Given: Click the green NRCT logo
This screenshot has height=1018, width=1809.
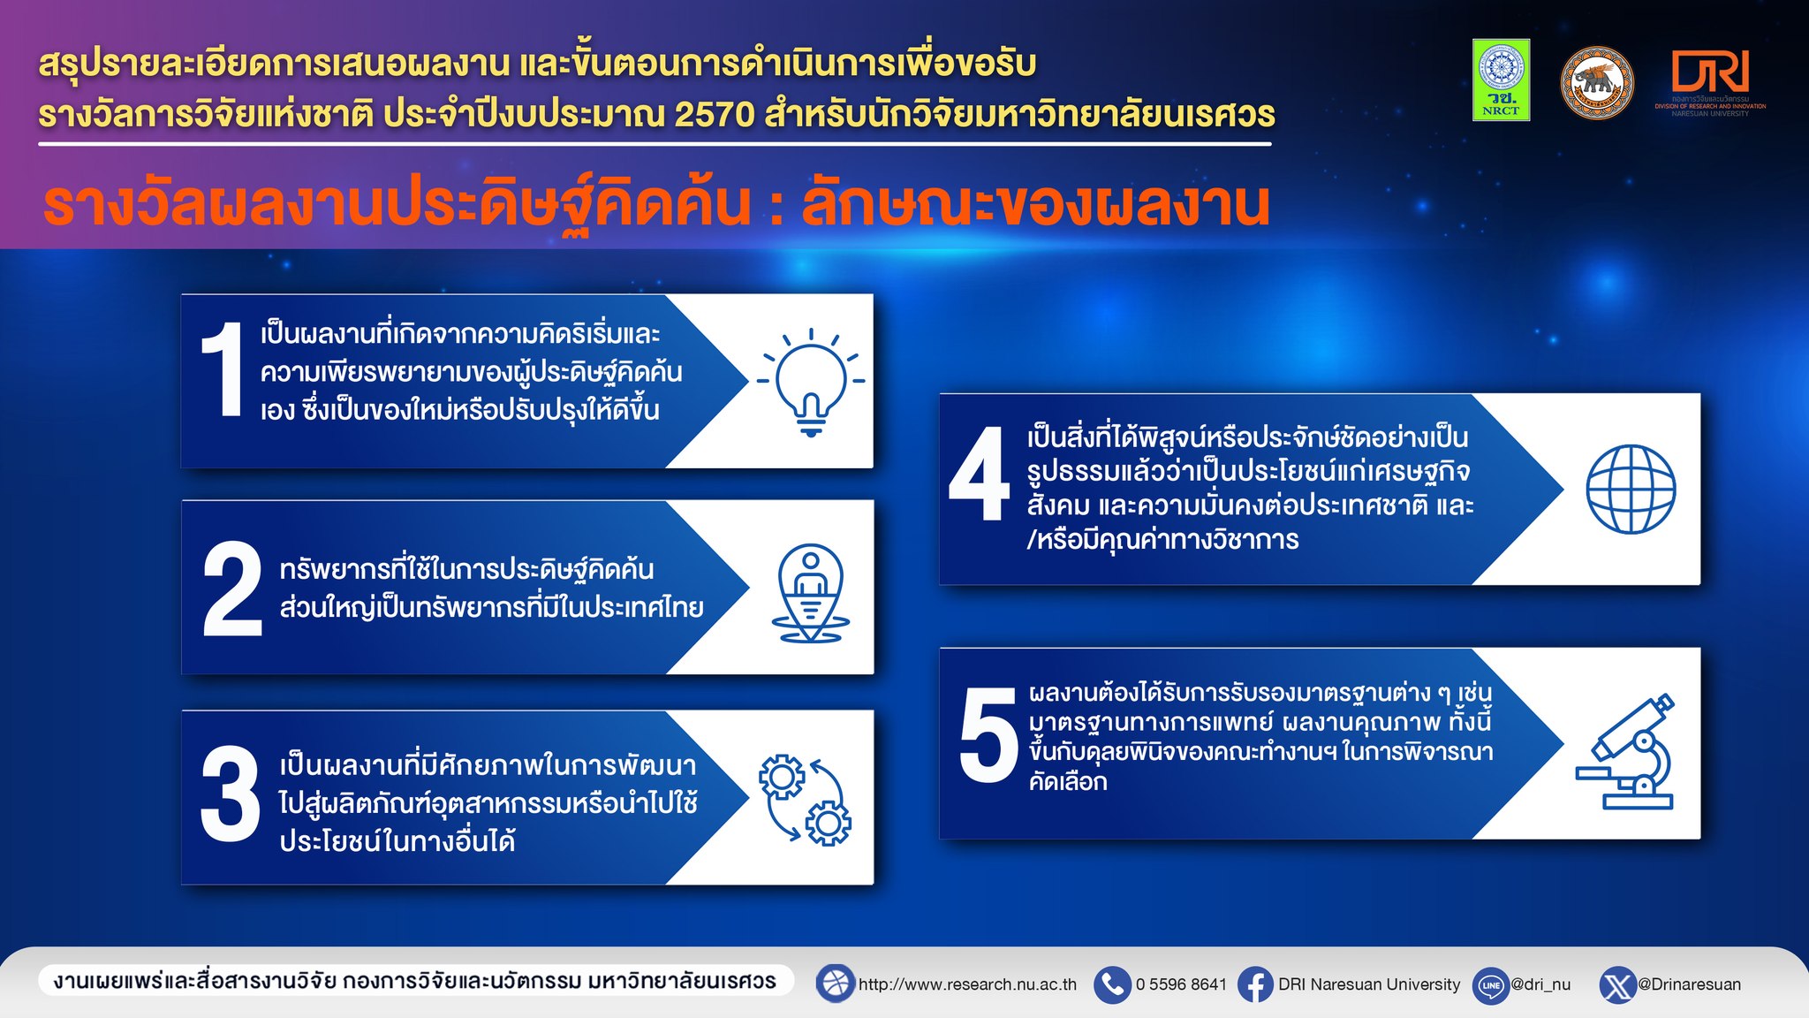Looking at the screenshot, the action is tap(1501, 80).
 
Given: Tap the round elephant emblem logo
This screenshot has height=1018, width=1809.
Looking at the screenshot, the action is tap(1597, 83).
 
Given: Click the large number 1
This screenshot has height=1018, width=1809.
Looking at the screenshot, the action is tap(222, 369).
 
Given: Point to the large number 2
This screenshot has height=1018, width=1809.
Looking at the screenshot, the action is tap(232, 589).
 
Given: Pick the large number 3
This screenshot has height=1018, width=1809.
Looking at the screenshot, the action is tap(231, 794).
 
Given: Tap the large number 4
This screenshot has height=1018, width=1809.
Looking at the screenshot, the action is tap(979, 474).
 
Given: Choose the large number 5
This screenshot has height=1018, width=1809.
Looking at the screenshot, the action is tap(988, 735).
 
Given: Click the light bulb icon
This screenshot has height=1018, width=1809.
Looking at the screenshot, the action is tap(811, 381).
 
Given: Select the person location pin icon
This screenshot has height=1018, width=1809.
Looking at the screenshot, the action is tap(811, 593).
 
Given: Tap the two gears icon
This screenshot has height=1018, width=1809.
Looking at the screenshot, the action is tap(805, 800).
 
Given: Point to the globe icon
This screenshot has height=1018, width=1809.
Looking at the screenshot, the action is tap(1631, 489).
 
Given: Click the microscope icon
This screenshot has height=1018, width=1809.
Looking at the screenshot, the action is tap(1625, 751).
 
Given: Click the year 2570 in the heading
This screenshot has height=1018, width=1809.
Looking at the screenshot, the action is tap(715, 114).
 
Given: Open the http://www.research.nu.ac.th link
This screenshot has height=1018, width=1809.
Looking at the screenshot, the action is tap(967, 984).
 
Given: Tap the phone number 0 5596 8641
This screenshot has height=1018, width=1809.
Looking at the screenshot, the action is tap(1181, 984).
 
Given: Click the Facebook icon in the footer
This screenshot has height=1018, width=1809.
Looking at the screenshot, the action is tap(1255, 984).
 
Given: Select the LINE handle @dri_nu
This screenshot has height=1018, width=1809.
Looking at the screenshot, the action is tap(1540, 984).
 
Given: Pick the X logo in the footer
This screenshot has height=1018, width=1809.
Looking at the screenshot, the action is tap(1618, 984).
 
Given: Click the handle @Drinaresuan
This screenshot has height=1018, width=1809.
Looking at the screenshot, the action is tap(1690, 984).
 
